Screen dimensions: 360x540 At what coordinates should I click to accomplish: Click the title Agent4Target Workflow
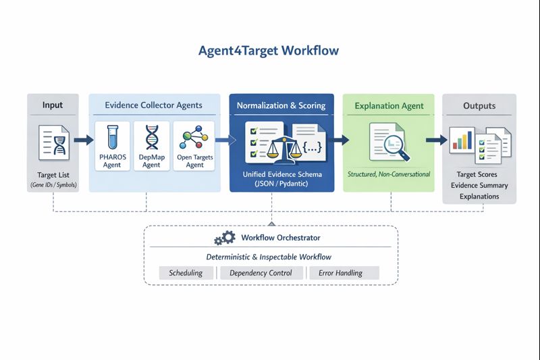pyautogui.click(x=269, y=51)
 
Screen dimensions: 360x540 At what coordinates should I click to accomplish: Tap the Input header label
pyautogui.click(x=53, y=105)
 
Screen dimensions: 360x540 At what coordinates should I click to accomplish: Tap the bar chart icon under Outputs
pyautogui.click(x=462, y=140)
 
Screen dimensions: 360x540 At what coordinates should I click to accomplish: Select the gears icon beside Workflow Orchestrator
pyautogui.click(x=224, y=238)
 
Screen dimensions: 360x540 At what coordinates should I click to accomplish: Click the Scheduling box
pyautogui.click(x=186, y=273)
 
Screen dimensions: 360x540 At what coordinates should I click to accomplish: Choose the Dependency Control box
pyautogui.click(x=261, y=273)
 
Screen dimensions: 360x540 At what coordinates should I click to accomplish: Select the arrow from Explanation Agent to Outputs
pyautogui.click(x=437, y=140)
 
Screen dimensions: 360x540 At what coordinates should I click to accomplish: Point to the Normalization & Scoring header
pyautogui.click(x=281, y=105)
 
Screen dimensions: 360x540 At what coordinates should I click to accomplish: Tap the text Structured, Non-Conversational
pyautogui.click(x=389, y=175)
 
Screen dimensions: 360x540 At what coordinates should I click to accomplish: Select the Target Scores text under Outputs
pyautogui.click(x=479, y=174)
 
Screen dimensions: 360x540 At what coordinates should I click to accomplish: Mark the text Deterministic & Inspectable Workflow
pyautogui.click(x=269, y=257)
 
